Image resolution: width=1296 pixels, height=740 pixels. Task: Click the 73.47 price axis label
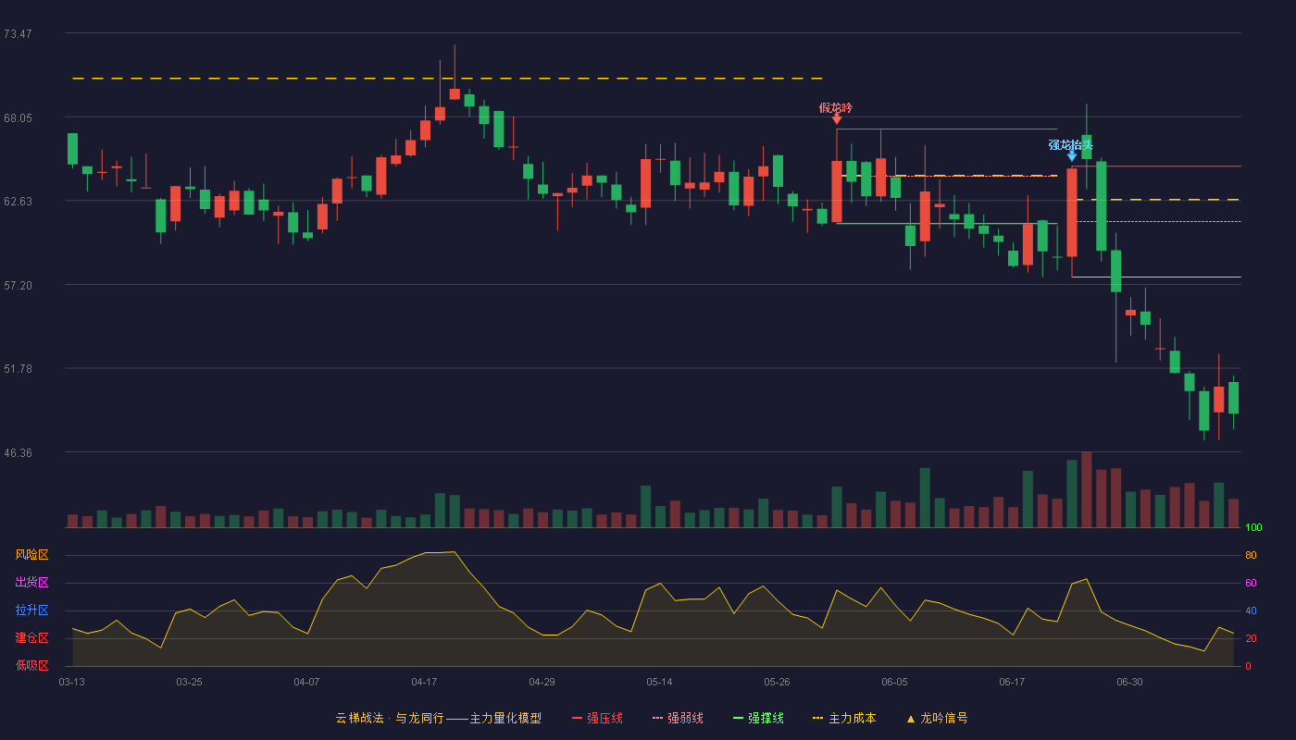click(18, 34)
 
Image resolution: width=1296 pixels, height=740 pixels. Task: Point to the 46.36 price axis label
click(18, 452)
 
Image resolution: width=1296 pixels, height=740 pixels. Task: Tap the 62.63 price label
click(18, 202)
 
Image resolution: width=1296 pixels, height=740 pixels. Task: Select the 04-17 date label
click(424, 683)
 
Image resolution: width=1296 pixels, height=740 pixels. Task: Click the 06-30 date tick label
click(1129, 683)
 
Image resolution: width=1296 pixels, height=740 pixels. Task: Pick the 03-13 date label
click(72, 683)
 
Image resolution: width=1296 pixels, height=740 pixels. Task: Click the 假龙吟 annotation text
click(835, 108)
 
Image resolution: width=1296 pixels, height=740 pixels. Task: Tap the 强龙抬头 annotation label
click(1070, 144)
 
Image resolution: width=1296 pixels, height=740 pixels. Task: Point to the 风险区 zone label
click(31, 555)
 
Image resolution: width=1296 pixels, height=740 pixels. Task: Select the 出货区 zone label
click(31, 582)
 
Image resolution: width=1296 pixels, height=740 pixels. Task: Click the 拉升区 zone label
click(31, 610)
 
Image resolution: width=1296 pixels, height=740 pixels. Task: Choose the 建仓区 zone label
click(31, 637)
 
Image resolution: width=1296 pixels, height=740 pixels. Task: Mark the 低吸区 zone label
click(31, 665)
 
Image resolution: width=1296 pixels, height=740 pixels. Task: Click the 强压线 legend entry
click(597, 718)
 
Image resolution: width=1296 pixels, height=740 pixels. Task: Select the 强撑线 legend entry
click(758, 718)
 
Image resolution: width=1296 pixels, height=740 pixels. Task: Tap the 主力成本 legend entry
click(844, 718)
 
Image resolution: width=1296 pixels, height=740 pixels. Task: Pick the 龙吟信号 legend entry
click(937, 718)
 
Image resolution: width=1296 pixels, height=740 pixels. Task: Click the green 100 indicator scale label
click(1253, 527)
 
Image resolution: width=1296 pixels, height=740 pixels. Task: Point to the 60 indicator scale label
click(1251, 583)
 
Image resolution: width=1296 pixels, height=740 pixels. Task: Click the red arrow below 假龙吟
click(837, 118)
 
